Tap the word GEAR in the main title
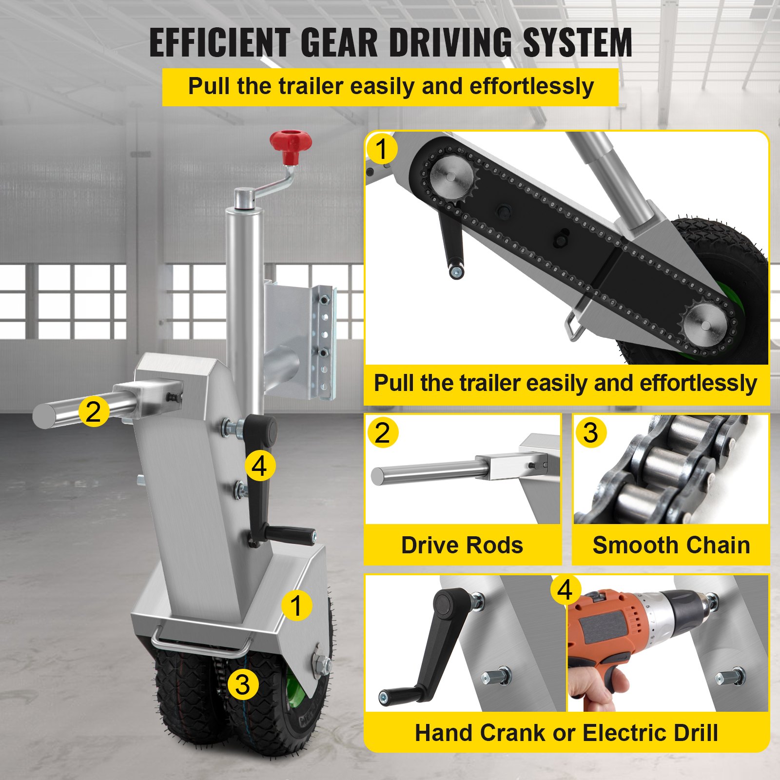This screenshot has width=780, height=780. coord(339,43)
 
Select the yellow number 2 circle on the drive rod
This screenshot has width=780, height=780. coord(93,411)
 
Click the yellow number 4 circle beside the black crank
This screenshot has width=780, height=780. coord(260,466)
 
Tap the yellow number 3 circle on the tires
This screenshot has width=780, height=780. coord(243,684)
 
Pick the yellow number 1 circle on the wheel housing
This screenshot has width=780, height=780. coord(296,605)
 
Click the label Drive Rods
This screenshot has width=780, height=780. coord(462,545)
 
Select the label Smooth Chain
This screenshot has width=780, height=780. coord(671,545)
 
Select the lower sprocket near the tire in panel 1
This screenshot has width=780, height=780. coord(705,324)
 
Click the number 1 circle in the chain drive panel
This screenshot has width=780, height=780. coord(381,149)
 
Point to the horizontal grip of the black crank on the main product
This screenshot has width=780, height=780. coord(292,534)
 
